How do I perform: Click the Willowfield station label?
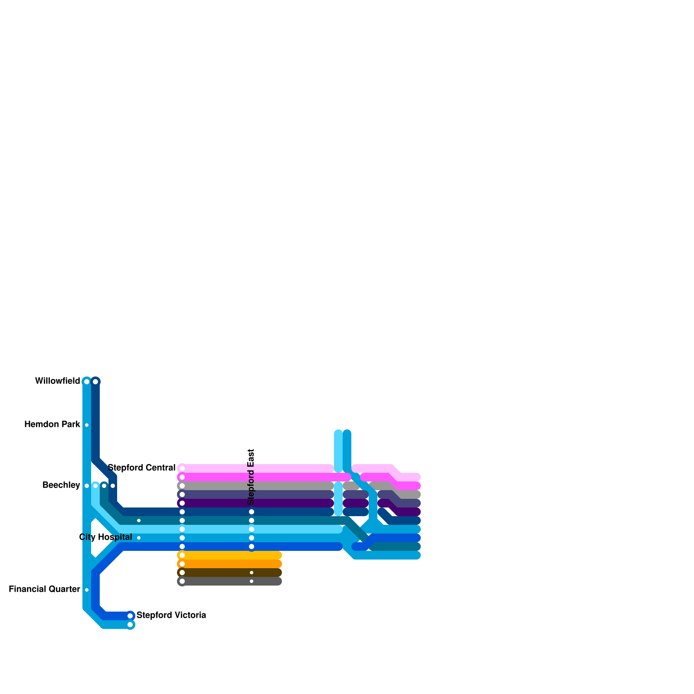[58, 381]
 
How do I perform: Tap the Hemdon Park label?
[52, 425]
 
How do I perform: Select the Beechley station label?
[61, 485]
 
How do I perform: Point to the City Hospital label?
[105, 537]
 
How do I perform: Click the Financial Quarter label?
[44, 589]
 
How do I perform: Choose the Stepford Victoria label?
[171, 615]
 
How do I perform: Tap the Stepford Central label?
[141, 468]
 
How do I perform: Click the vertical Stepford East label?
[251, 477]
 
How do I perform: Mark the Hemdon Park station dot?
[87, 425]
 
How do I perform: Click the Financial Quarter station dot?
[87, 590]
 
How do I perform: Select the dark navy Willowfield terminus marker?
[95, 382]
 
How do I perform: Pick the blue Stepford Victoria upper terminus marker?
[130, 616]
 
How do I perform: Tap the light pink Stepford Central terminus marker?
[182, 468]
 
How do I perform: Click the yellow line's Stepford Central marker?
[182, 555]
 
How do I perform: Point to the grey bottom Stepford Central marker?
[182, 581]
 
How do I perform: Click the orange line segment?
[230, 564]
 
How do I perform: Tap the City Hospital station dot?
[139, 538]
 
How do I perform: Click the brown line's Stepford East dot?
[252, 573]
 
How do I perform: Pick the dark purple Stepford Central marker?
[182, 503]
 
